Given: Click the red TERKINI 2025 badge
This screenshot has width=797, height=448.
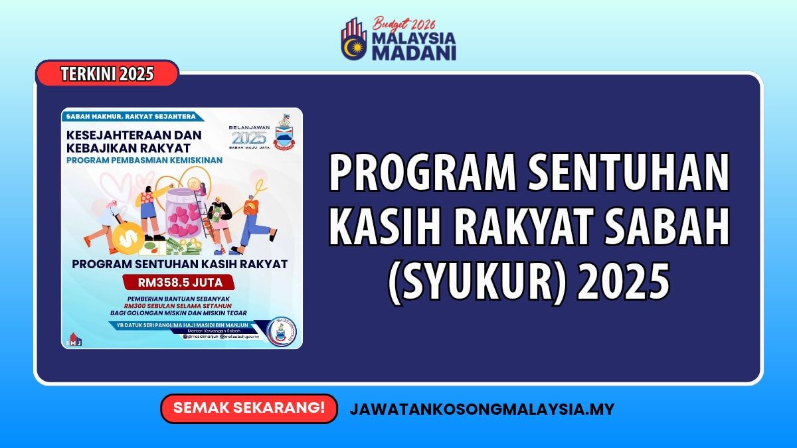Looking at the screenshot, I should click(x=107, y=74).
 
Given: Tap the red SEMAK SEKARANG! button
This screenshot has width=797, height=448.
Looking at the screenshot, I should click(x=249, y=408).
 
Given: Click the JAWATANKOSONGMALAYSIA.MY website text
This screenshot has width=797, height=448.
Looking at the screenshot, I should click(x=482, y=409).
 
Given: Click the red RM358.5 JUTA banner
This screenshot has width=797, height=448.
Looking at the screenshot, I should click(x=180, y=282).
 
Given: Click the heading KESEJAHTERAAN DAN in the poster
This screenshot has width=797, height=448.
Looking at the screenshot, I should click(x=133, y=135).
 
